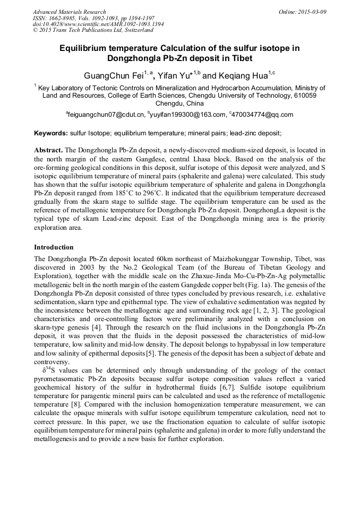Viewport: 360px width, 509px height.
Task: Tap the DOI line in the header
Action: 98,24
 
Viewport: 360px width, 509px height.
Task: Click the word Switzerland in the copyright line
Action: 138,30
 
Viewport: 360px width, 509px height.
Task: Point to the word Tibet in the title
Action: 238,58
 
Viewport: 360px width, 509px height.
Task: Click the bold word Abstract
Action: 49,151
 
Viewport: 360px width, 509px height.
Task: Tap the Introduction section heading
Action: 54,247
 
